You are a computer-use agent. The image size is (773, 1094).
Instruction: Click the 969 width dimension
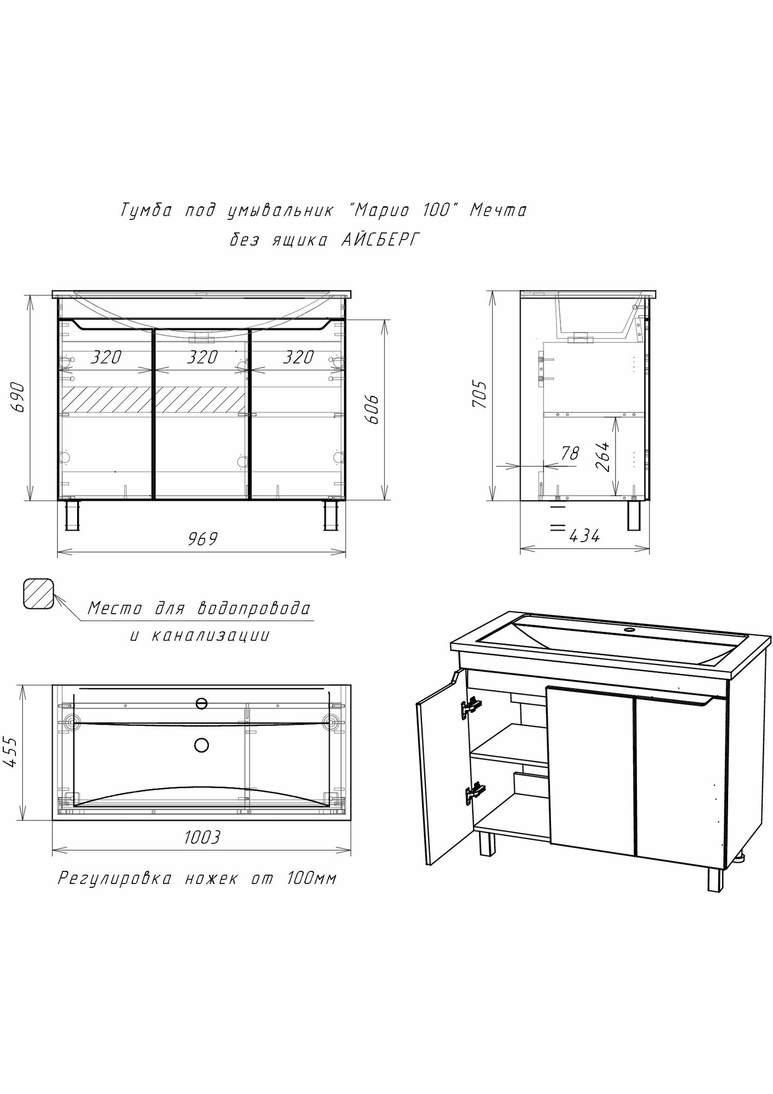click(x=202, y=539)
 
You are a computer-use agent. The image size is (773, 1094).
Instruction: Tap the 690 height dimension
click(x=18, y=397)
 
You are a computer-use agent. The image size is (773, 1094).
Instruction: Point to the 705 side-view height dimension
click(x=479, y=394)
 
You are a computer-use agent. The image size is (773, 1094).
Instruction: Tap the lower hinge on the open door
click(x=474, y=793)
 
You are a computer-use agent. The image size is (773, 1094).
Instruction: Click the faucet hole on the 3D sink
click(x=629, y=631)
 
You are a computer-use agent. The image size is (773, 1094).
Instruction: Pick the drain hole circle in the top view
click(x=202, y=744)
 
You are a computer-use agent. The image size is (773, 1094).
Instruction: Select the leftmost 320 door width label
click(x=106, y=357)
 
